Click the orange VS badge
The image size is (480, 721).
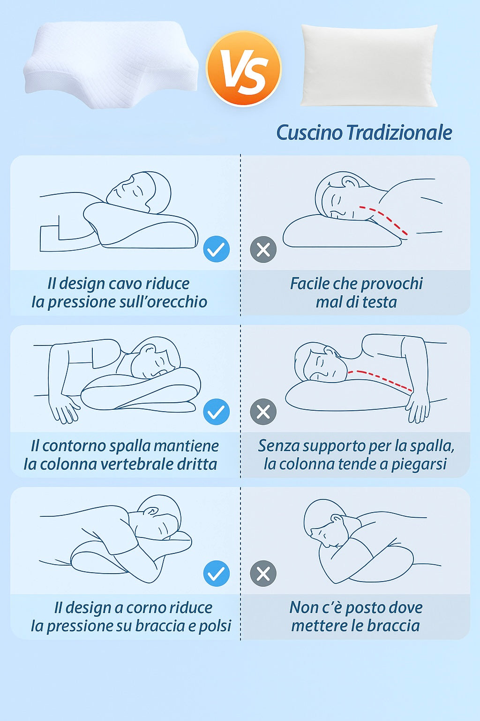(x=244, y=69)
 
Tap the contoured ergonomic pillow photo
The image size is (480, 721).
(x=111, y=64)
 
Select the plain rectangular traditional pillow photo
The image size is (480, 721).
(x=369, y=65)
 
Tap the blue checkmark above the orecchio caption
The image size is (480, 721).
(x=217, y=249)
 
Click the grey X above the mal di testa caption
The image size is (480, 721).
(x=263, y=249)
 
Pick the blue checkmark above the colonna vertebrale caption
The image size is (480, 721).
(x=217, y=412)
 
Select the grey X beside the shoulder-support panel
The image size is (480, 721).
(x=263, y=412)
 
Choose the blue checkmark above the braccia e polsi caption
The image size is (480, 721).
(x=217, y=573)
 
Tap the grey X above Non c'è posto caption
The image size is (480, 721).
(x=263, y=573)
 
